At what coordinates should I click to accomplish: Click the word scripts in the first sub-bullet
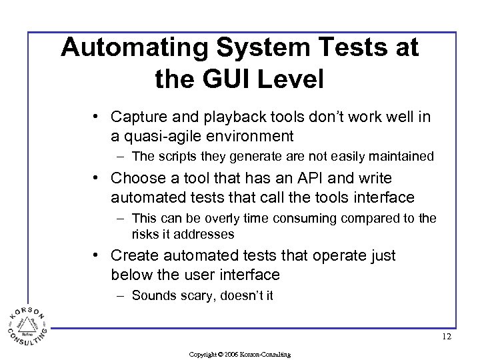178,157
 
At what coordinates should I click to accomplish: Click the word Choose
136,178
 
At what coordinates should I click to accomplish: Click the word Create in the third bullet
133,255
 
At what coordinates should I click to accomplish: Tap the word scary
197,295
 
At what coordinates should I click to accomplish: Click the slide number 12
446,337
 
